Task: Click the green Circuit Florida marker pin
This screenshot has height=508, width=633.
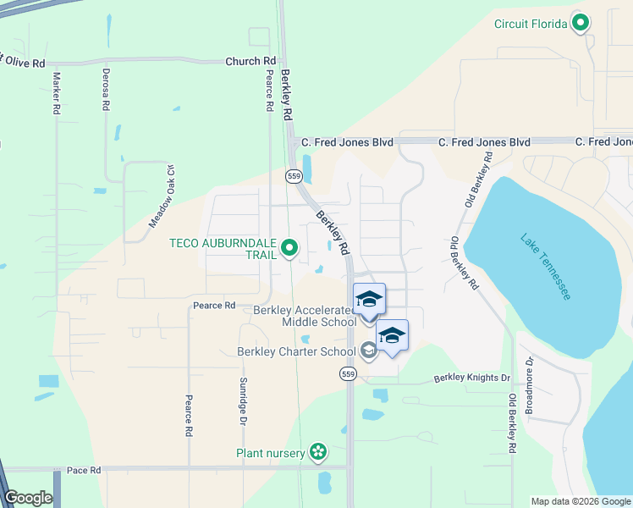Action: tap(580, 23)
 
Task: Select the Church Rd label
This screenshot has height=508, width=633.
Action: tap(250, 62)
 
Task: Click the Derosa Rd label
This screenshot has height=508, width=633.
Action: tap(106, 91)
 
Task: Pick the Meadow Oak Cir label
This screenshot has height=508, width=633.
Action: tap(162, 196)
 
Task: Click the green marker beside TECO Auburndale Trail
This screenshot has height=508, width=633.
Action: tap(289, 248)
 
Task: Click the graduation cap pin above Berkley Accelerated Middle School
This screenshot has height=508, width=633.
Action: tap(369, 300)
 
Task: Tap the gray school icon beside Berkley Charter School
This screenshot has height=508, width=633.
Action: tap(368, 351)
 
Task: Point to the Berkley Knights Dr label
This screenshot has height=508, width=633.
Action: tap(473, 378)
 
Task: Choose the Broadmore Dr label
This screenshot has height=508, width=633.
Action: tap(530, 384)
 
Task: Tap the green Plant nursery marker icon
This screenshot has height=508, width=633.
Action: tap(317, 453)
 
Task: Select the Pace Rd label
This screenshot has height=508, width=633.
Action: tap(84, 470)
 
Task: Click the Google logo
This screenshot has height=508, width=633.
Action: tap(28, 498)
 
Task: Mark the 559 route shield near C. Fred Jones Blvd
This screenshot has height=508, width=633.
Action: tap(294, 176)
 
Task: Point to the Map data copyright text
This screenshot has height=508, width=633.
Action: tap(580, 501)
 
